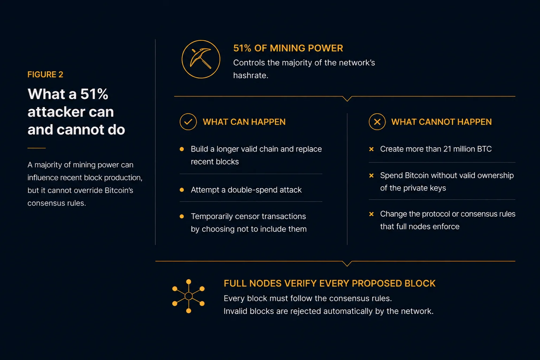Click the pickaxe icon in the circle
coord(201,59)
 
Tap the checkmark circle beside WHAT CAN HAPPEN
coord(188,122)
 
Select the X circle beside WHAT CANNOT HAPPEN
coord(377,122)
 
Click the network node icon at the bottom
coord(189,296)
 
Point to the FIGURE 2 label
coord(45,75)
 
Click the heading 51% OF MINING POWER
coord(288,48)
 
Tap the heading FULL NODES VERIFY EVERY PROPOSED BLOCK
coord(330,283)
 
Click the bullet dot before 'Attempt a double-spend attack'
coord(182,190)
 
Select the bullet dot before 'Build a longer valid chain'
coord(182,149)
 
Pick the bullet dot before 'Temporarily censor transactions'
coord(182,216)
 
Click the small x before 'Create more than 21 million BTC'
coord(371,149)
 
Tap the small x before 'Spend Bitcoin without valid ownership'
coord(371,176)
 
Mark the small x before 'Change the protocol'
coord(371,214)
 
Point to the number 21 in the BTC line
coord(447,149)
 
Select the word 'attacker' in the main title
coord(71,112)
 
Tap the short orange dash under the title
coord(36,148)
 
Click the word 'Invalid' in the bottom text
coord(235,311)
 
